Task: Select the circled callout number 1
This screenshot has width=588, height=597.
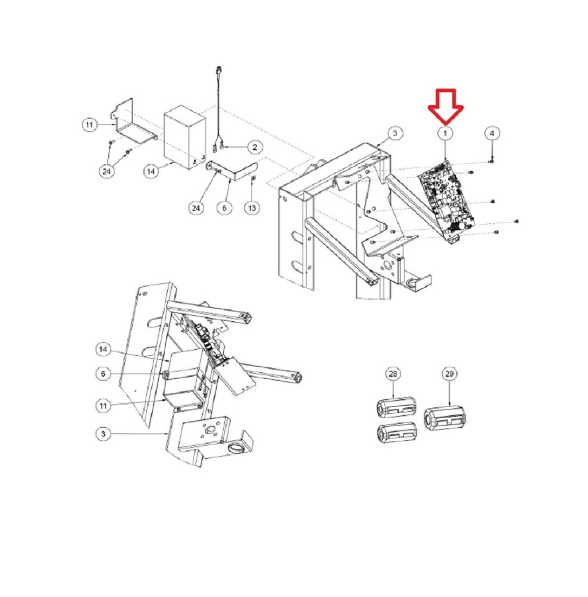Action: pyautogui.click(x=445, y=133)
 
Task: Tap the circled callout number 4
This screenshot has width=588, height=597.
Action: pyautogui.click(x=492, y=133)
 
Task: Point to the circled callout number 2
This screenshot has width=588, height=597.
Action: pyautogui.click(x=255, y=147)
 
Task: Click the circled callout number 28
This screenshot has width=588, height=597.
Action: pyautogui.click(x=393, y=374)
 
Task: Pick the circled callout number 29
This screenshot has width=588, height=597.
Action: pyautogui.click(x=449, y=374)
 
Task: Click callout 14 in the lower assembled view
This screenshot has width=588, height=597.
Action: pyautogui.click(x=103, y=349)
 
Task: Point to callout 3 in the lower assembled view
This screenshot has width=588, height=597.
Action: pyautogui.click(x=103, y=434)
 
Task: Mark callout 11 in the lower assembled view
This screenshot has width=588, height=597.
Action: pyautogui.click(x=103, y=406)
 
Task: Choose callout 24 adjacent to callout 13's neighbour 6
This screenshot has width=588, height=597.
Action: pyautogui.click(x=196, y=208)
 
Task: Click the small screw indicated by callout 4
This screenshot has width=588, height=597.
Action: pyautogui.click(x=491, y=161)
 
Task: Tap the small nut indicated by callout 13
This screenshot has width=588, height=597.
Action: pyautogui.click(x=253, y=180)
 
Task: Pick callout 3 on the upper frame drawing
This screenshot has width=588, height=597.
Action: pyautogui.click(x=394, y=133)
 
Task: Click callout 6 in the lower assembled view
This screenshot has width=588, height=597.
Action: pyautogui.click(x=103, y=374)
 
